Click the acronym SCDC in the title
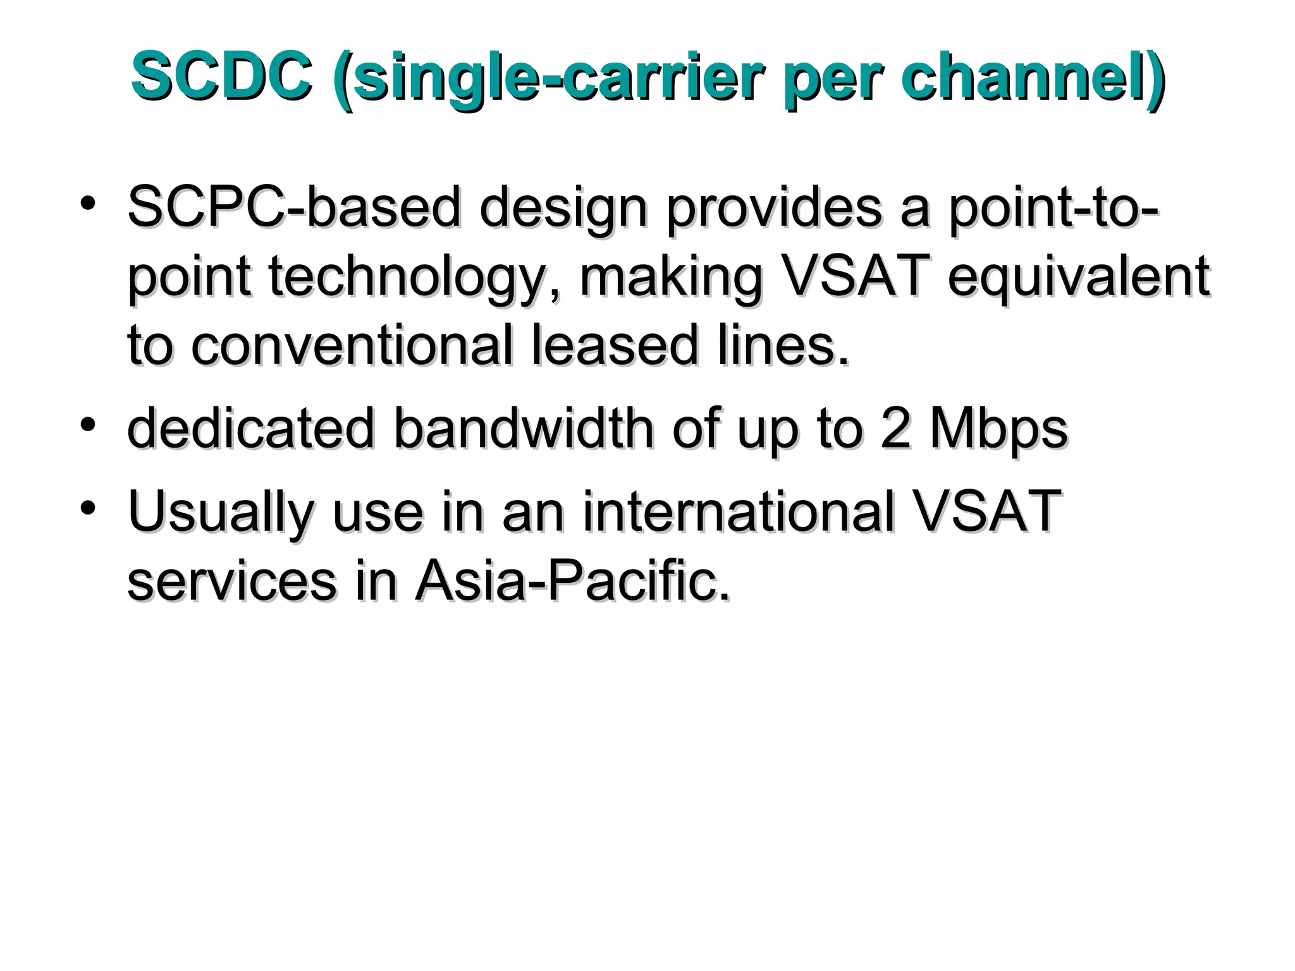pyautogui.click(x=221, y=77)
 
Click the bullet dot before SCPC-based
pyautogui.click(x=88, y=203)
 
